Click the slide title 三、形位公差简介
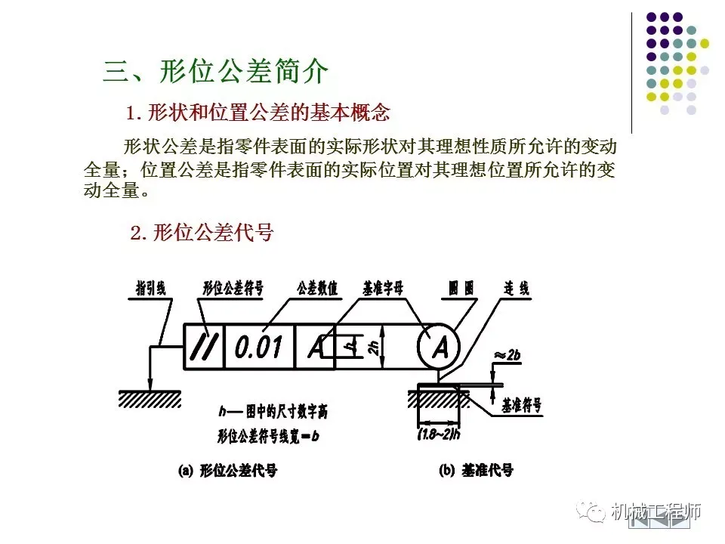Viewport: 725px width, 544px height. tap(216, 72)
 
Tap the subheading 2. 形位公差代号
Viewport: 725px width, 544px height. tap(201, 233)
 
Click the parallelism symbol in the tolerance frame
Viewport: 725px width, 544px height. tap(204, 346)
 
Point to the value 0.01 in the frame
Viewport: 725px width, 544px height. tap(258, 347)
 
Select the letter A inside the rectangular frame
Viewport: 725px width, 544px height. tap(316, 347)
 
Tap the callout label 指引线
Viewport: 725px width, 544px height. tap(150, 289)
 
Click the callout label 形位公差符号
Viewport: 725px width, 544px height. tap(233, 289)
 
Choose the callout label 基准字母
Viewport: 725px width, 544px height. tap(383, 289)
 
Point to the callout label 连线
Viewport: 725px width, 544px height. tap(517, 289)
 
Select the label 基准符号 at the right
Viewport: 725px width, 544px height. tap(522, 406)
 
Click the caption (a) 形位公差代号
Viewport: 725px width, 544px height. tap(227, 471)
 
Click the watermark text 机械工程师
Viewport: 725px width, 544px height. tap(656, 512)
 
